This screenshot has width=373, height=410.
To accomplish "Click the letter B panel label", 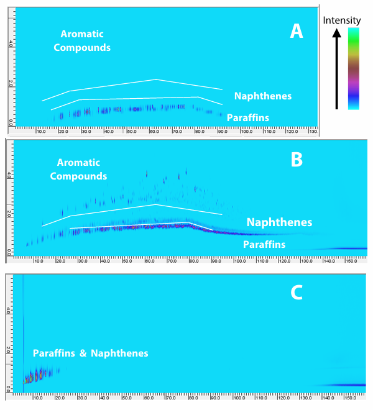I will [297, 160].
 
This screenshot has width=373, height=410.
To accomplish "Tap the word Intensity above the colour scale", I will [342, 20].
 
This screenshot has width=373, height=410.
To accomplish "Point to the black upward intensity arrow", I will [336, 68].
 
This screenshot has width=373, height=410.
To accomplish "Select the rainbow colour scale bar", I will [353, 68].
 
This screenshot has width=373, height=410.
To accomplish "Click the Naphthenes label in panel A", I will [263, 96].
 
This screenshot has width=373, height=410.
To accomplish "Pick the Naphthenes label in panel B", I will [279, 222].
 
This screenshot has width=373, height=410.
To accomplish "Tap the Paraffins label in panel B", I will [264, 245].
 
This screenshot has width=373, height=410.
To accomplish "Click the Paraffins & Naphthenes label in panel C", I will [91, 353].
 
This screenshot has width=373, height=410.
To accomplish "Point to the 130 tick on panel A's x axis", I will [313, 132].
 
